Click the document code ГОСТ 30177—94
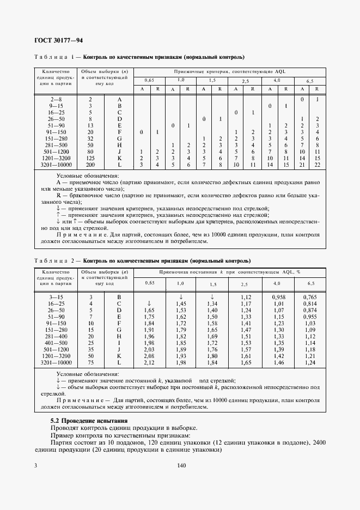(58, 40)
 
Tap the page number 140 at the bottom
(182, 465)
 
